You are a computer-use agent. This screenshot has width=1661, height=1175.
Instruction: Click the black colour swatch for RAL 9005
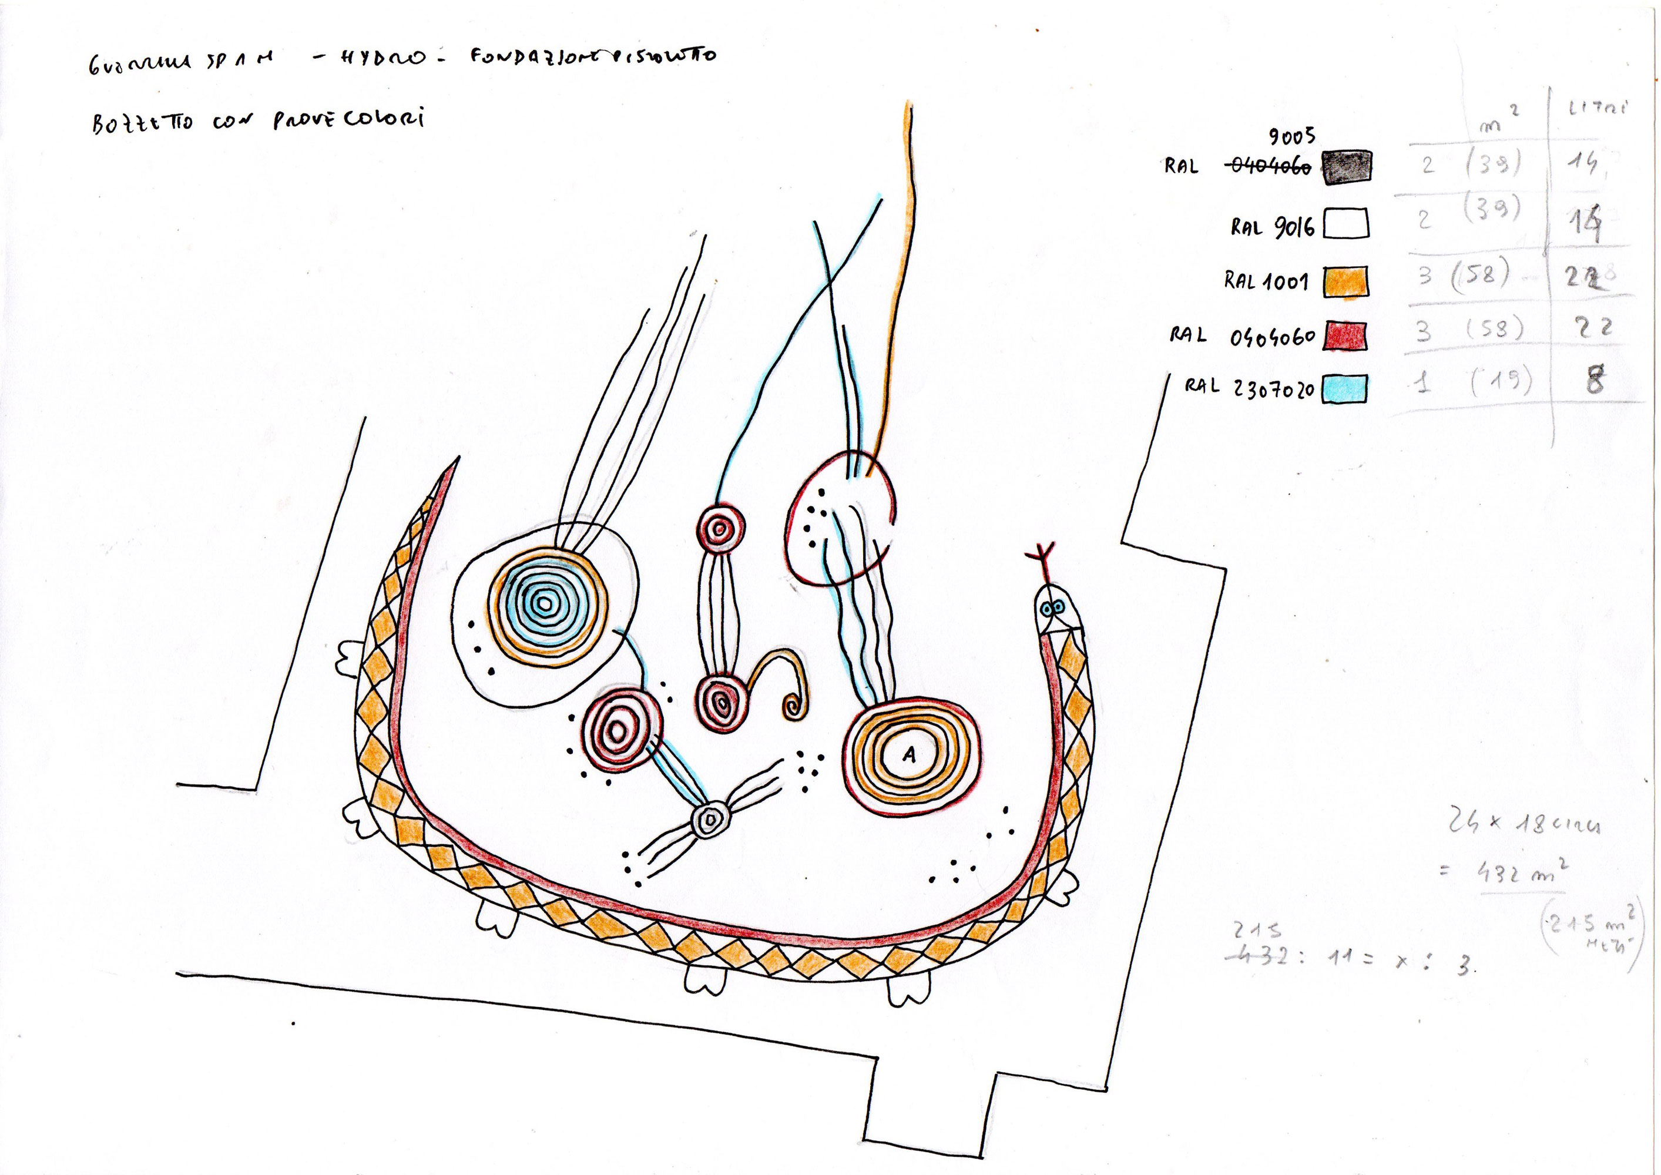(x=1346, y=168)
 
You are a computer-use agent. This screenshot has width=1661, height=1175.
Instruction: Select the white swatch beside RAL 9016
(x=1346, y=224)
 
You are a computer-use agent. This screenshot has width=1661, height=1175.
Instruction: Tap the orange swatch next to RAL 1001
(x=1345, y=281)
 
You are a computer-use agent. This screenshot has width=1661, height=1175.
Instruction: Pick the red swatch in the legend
(x=1345, y=337)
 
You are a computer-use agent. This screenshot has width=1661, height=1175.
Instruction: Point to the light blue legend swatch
(x=1345, y=388)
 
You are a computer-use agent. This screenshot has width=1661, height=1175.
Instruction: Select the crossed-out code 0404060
(x=1270, y=167)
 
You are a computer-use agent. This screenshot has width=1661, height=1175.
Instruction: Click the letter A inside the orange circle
(x=910, y=756)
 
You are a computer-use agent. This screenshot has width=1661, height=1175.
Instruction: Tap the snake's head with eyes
(x=1056, y=610)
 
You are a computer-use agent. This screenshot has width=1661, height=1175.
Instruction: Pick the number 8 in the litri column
(x=1595, y=380)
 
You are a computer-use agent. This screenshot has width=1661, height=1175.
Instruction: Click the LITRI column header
(x=1598, y=110)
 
